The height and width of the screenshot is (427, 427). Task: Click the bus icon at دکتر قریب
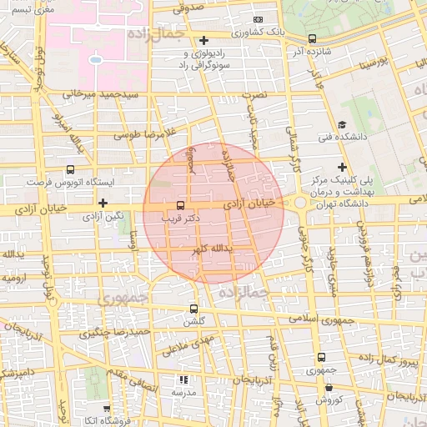point(181,206)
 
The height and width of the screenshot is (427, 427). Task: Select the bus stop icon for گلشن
point(194,309)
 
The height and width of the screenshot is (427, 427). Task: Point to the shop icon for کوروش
point(330,387)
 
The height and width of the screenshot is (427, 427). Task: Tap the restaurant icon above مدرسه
point(183,380)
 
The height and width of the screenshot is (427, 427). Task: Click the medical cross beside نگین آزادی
point(103,203)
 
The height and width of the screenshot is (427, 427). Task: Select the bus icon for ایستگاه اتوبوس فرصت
point(70,170)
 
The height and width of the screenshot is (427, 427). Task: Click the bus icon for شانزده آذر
point(312,38)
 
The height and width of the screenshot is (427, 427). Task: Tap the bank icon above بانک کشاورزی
point(258,19)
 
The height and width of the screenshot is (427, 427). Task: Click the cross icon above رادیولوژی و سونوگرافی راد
point(203,40)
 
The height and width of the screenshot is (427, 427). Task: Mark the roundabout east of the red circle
point(300,203)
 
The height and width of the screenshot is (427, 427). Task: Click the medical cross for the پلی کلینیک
point(341,168)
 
